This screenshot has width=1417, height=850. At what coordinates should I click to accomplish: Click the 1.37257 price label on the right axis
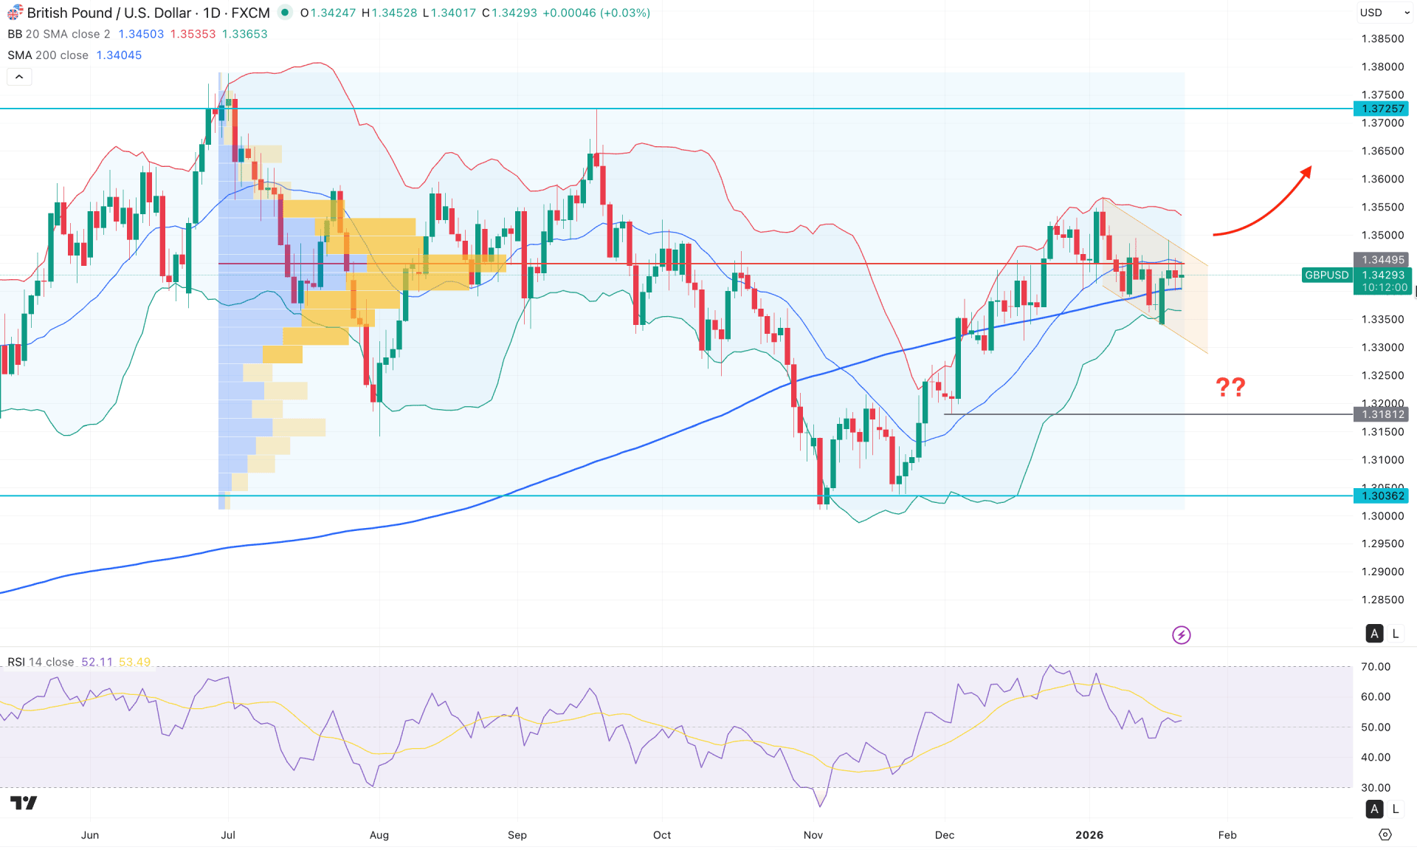pos(1382,109)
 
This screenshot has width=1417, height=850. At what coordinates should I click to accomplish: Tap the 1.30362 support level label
pos(1382,496)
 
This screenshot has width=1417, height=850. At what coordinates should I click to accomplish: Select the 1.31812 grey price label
pos(1382,414)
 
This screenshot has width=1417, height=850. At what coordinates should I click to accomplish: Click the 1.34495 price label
pos(1382,260)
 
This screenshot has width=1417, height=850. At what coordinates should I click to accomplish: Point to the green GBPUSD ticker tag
pos(1326,275)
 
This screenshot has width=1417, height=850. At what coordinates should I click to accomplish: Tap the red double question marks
pos(1230,387)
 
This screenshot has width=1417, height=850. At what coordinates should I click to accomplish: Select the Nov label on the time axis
pos(813,834)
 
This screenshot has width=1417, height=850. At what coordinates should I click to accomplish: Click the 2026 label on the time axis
pos(1089,834)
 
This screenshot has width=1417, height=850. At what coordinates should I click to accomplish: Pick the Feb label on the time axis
pos(1227,834)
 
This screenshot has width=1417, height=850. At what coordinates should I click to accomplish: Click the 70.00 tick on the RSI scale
pos(1375,666)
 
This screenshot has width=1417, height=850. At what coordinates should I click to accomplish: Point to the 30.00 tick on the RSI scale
pos(1375,787)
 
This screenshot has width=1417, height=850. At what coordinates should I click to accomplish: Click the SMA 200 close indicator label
pos(48,55)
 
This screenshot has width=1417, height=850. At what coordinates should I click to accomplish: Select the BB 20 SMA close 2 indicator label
pos(59,34)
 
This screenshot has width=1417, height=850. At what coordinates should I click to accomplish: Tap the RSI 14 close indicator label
pos(41,662)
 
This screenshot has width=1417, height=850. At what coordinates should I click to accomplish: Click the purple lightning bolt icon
pos(1181,635)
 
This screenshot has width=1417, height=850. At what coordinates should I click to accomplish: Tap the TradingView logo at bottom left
pos(24,803)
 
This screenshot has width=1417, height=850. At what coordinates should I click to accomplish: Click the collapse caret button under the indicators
pos(19,77)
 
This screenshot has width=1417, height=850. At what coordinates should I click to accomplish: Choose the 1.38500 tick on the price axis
pos(1382,38)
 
